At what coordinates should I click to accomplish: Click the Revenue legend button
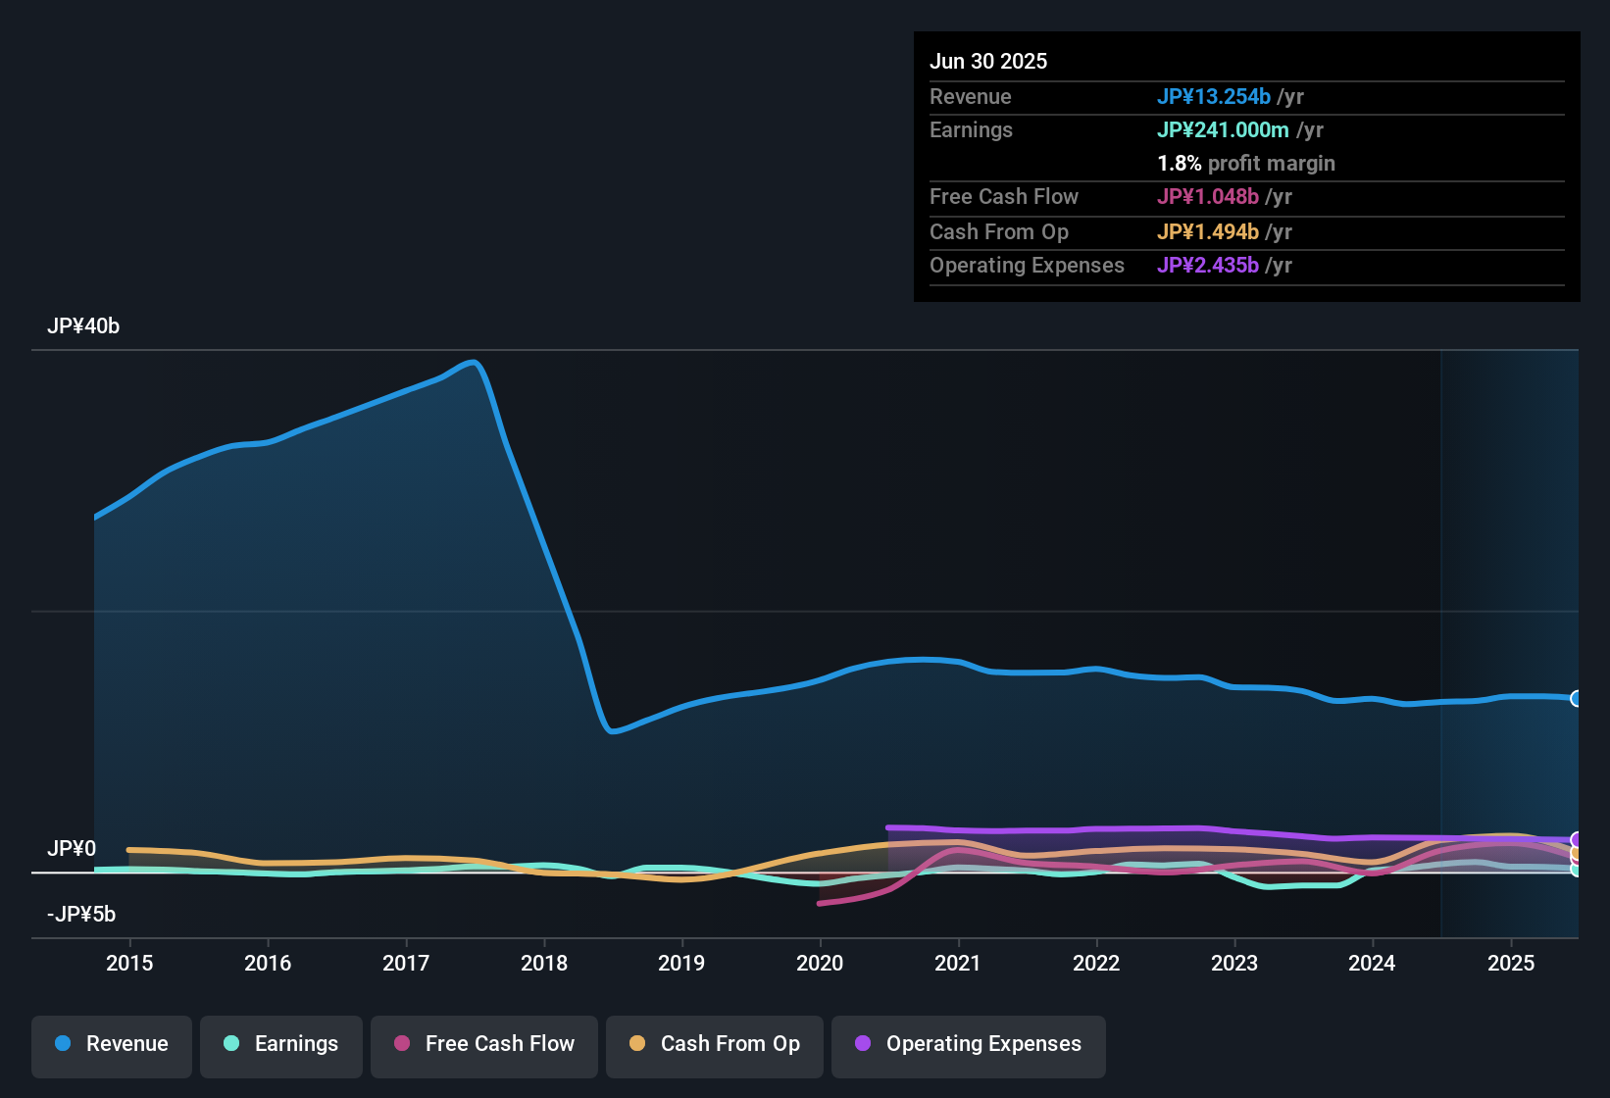point(112,1044)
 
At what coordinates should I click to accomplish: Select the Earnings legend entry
point(281,1044)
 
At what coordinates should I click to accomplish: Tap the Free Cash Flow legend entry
point(484,1044)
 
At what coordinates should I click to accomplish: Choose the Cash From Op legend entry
point(715,1044)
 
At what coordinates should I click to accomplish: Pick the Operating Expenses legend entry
point(969,1044)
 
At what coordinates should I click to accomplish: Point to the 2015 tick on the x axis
point(129,963)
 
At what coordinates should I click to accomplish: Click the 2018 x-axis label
point(544,963)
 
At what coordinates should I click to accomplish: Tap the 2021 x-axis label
point(958,963)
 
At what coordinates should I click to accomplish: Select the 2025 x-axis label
point(1511,963)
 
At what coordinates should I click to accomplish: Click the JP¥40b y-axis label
point(83,326)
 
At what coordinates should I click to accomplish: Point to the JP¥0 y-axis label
point(72,849)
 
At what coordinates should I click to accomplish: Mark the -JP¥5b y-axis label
point(81,915)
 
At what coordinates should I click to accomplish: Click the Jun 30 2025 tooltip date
point(988,61)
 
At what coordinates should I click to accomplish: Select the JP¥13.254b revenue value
point(1214,96)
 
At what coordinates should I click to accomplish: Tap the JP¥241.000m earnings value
point(1223,129)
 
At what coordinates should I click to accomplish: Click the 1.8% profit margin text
point(1246,163)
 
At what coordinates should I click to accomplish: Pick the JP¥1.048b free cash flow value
point(1208,196)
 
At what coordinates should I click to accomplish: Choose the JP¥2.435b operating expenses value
point(1208,265)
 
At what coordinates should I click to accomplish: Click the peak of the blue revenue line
point(475,363)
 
